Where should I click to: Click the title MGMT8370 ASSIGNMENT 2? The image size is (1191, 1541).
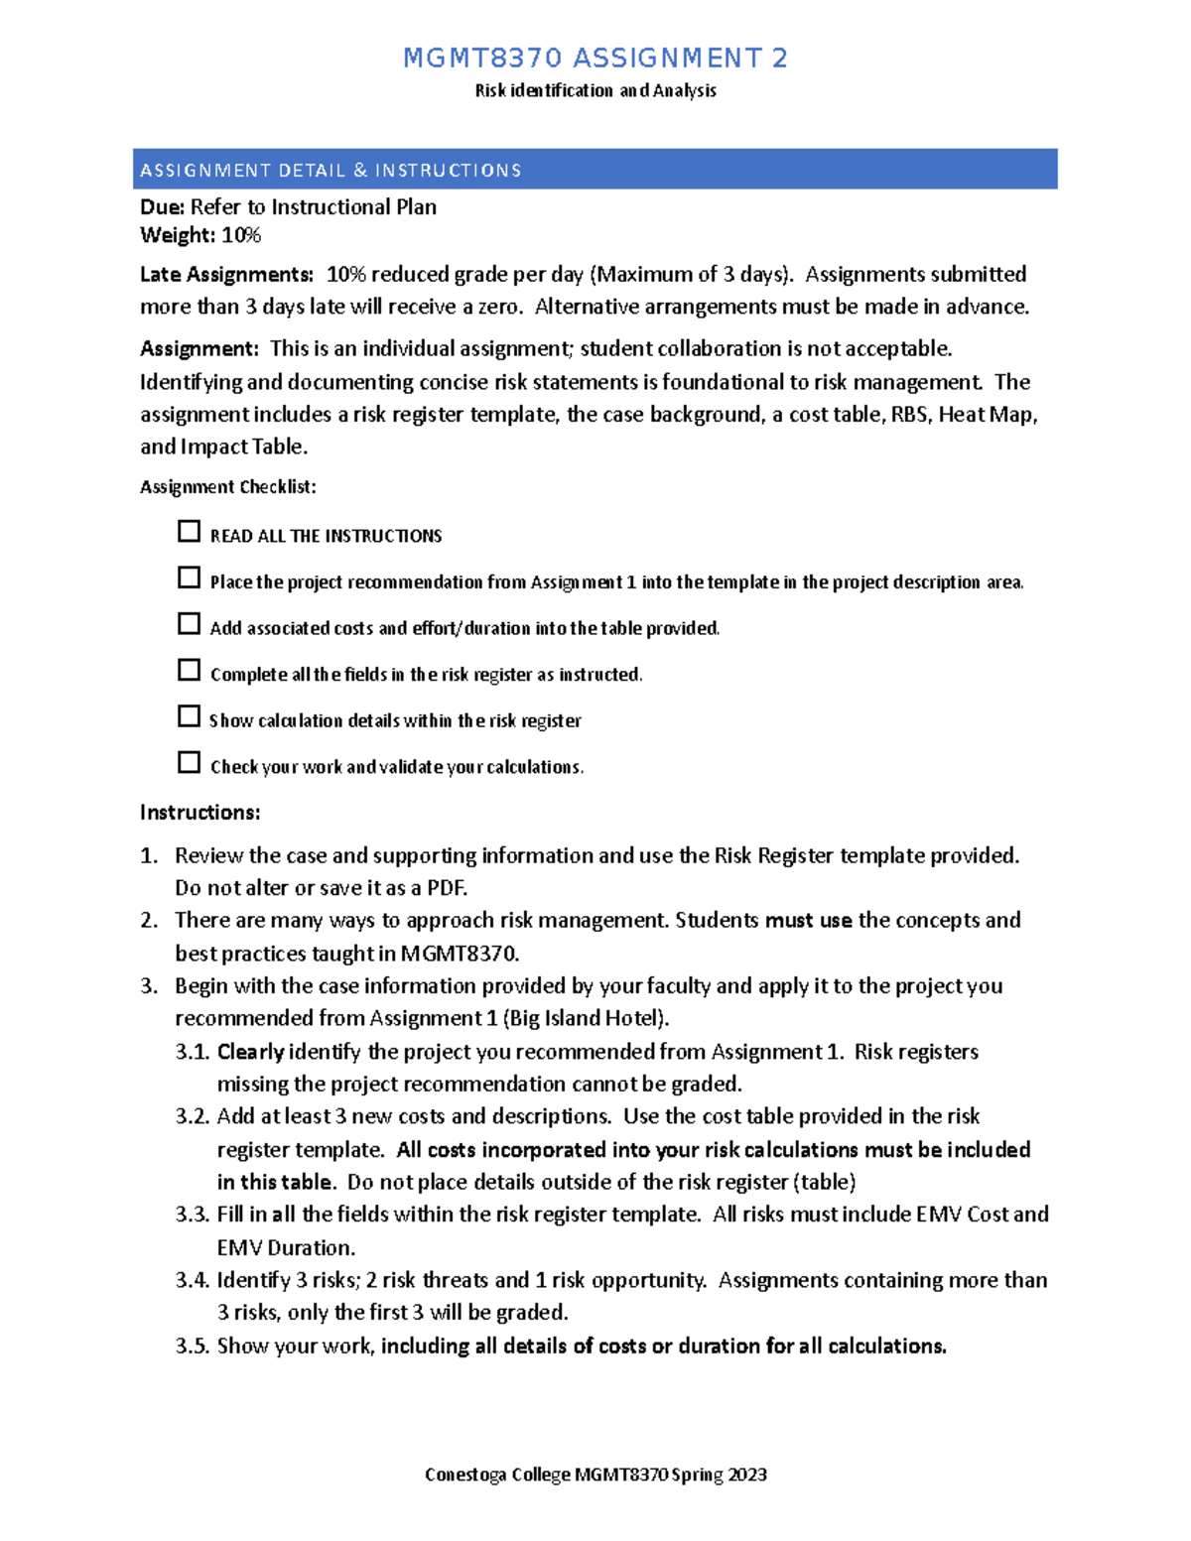pos(595,59)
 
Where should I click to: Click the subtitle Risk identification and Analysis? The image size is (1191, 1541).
pos(595,91)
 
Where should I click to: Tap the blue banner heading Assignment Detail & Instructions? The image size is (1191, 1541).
pos(331,171)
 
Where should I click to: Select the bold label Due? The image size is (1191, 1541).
pos(162,207)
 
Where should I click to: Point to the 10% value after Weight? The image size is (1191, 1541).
pos(241,235)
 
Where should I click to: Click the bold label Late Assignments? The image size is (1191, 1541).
pos(226,275)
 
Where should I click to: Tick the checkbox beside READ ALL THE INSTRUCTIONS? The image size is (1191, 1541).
pos(189,532)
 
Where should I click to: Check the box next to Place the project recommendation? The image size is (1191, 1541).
pos(189,578)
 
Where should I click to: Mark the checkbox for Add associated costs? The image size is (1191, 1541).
pos(189,624)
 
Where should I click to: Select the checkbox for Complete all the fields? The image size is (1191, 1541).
pos(189,671)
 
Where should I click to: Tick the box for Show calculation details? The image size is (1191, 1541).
pos(189,716)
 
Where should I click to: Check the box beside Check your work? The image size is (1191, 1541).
pos(189,763)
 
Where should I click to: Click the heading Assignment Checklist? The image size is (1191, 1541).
pos(228,487)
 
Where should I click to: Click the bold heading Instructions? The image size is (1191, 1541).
pos(199,813)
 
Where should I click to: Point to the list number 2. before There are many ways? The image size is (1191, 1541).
pos(149,921)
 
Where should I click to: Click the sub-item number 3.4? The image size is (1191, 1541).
pos(193,1281)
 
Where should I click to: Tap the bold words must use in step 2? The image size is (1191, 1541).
pos(808,921)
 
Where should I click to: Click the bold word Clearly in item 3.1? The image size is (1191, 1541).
pos(250,1052)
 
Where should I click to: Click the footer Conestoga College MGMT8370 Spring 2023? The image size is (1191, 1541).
pos(595,1476)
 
